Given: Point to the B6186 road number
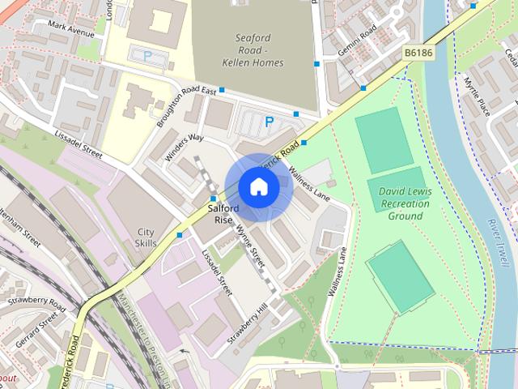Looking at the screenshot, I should (x=419, y=53).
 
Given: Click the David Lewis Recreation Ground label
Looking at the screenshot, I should (x=405, y=203).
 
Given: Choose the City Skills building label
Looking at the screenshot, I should (x=146, y=237).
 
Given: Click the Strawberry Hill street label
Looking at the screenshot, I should (x=248, y=324).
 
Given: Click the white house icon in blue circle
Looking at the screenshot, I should (x=258, y=187).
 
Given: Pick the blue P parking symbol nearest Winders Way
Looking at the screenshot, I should (x=269, y=122).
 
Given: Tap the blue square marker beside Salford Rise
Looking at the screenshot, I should (x=213, y=199).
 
